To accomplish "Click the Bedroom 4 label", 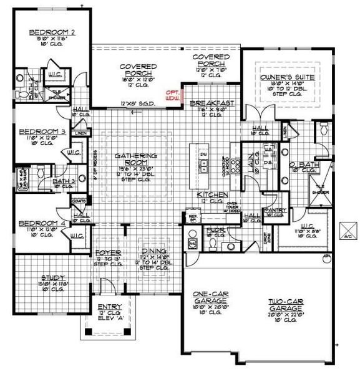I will [x=34, y=223].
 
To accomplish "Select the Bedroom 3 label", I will [x=34, y=132].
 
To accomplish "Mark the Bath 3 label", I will [x=64, y=181].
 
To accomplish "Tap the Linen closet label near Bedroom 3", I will [x=80, y=133].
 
